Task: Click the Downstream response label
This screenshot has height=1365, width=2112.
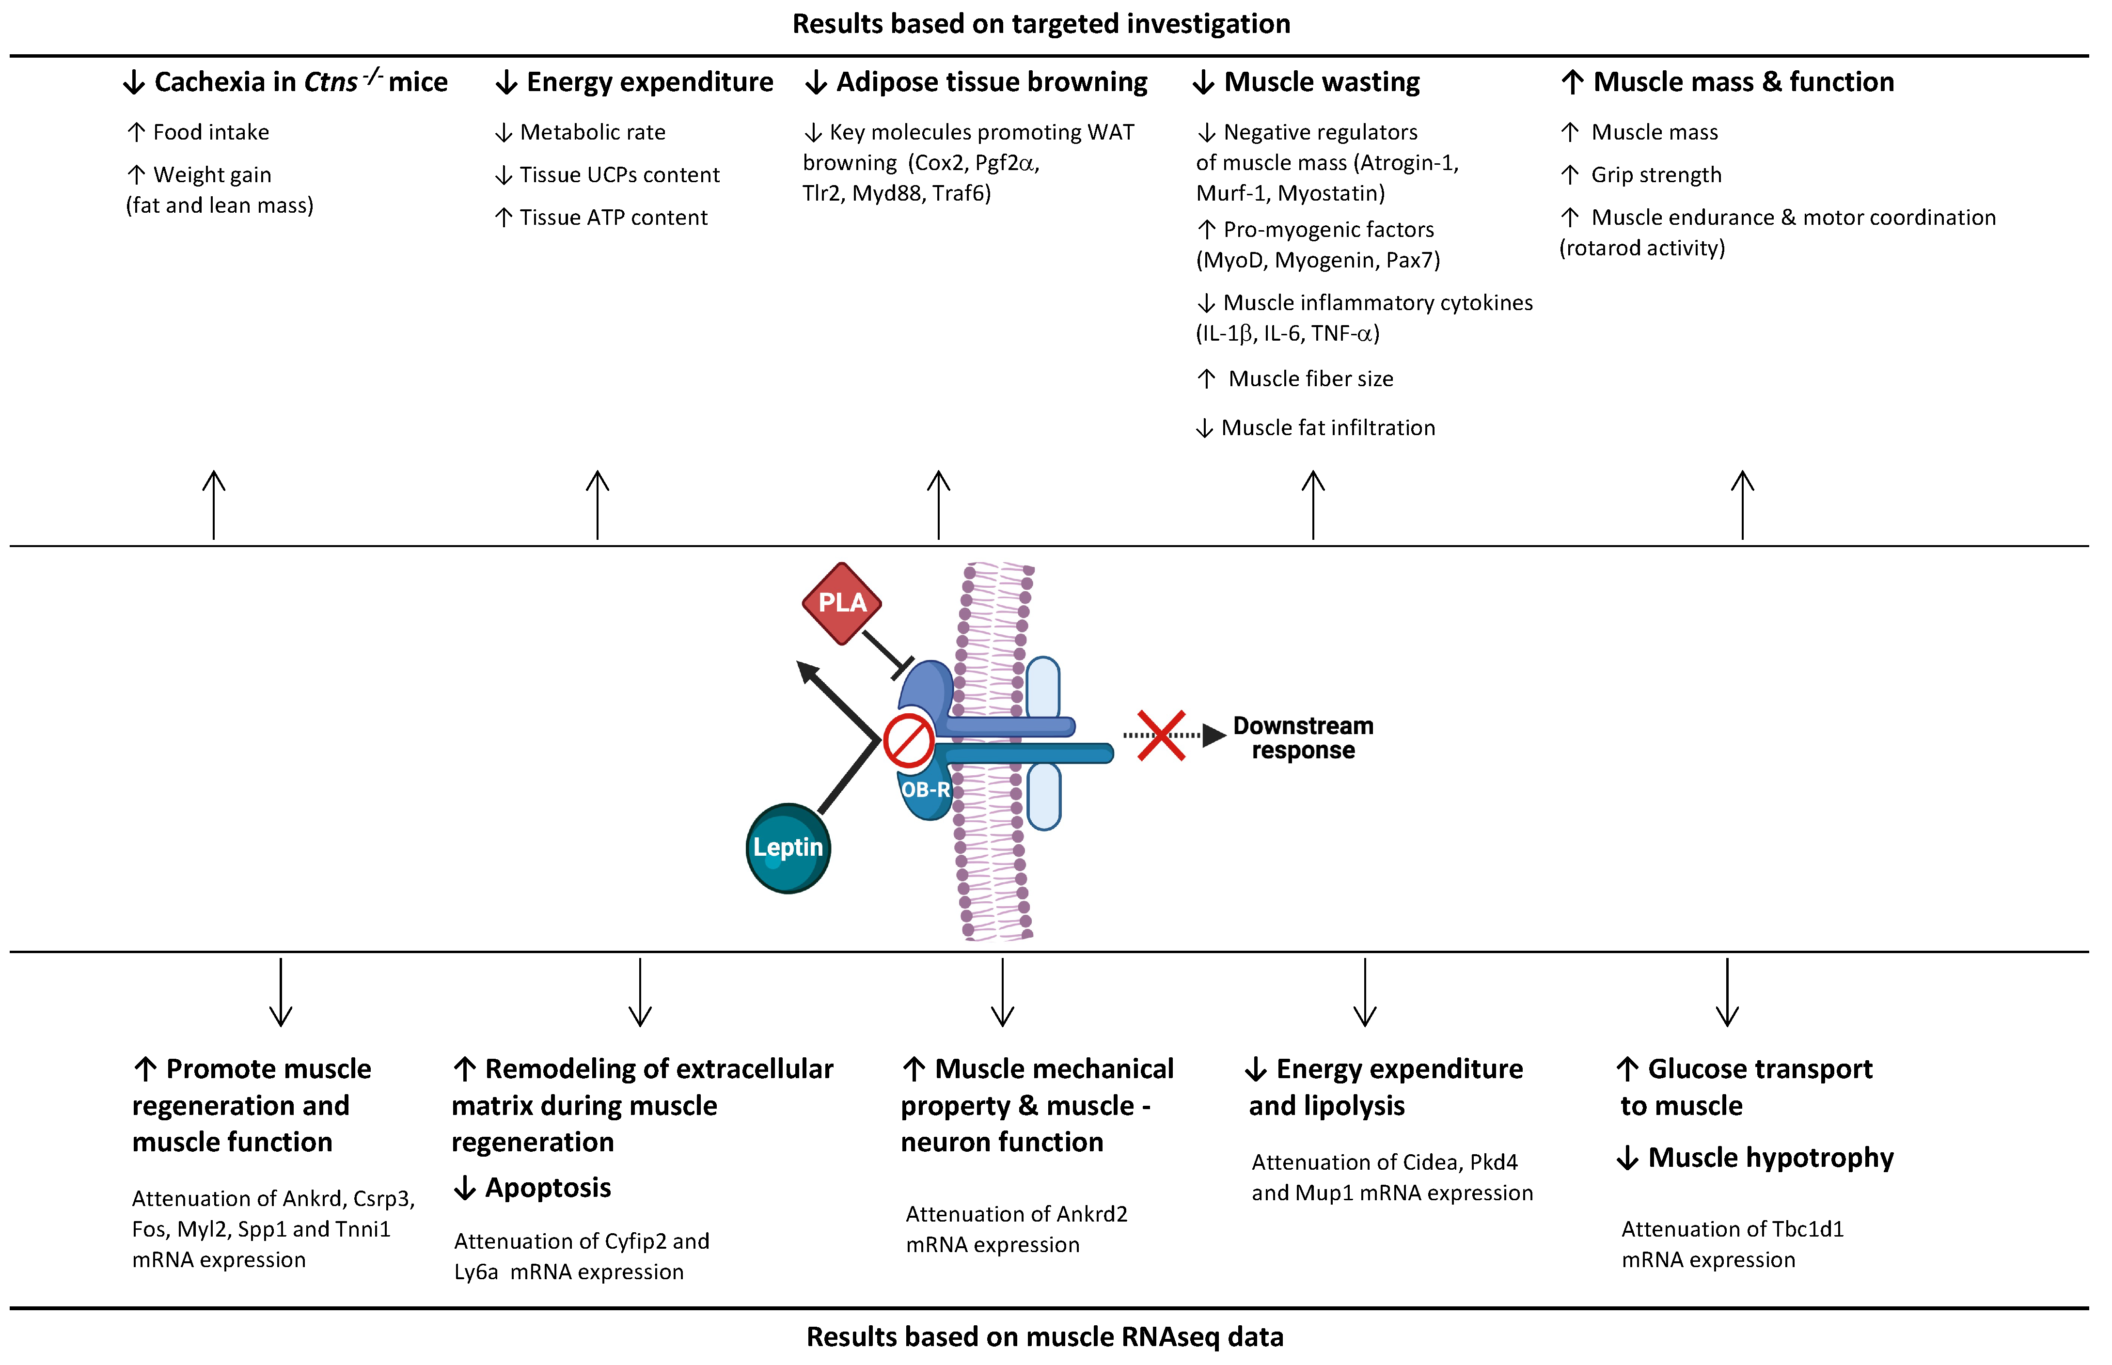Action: pos(1303,737)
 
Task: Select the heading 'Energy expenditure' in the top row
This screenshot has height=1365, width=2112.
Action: pos(650,82)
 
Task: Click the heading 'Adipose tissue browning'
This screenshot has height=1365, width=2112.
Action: pos(992,82)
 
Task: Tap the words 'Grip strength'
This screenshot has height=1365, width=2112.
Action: pos(1655,174)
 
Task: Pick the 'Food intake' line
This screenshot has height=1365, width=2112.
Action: pos(211,132)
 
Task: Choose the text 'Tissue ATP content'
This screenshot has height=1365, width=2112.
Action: pos(614,217)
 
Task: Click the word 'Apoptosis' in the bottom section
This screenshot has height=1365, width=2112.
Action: pos(548,1188)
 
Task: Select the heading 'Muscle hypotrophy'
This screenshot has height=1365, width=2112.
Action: pos(1771,1158)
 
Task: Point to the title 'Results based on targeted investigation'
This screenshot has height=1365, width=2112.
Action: pos(1041,24)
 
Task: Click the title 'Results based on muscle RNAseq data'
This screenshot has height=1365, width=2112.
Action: pos(1045,1336)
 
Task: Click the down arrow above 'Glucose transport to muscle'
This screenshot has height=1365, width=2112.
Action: pos(1727,992)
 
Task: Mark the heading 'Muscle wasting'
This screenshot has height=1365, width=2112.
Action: pos(1322,82)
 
